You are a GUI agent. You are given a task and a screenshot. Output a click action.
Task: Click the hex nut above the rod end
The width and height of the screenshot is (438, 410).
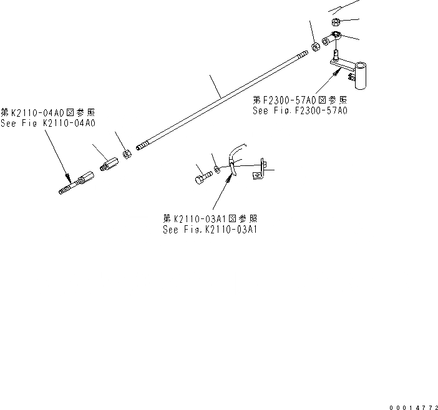(x=335, y=23)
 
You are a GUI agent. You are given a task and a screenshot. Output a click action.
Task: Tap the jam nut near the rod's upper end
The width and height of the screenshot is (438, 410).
(x=315, y=46)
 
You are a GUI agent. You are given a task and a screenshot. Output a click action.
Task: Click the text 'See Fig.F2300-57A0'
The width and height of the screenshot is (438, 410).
(x=299, y=110)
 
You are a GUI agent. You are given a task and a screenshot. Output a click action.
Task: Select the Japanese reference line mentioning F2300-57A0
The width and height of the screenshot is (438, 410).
(x=299, y=100)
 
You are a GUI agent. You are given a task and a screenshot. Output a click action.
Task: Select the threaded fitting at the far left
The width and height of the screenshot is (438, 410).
(x=73, y=185)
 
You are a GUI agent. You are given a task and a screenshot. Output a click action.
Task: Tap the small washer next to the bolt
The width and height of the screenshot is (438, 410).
(x=217, y=169)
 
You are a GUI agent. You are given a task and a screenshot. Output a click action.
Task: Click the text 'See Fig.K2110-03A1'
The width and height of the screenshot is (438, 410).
(x=210, y=229)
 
